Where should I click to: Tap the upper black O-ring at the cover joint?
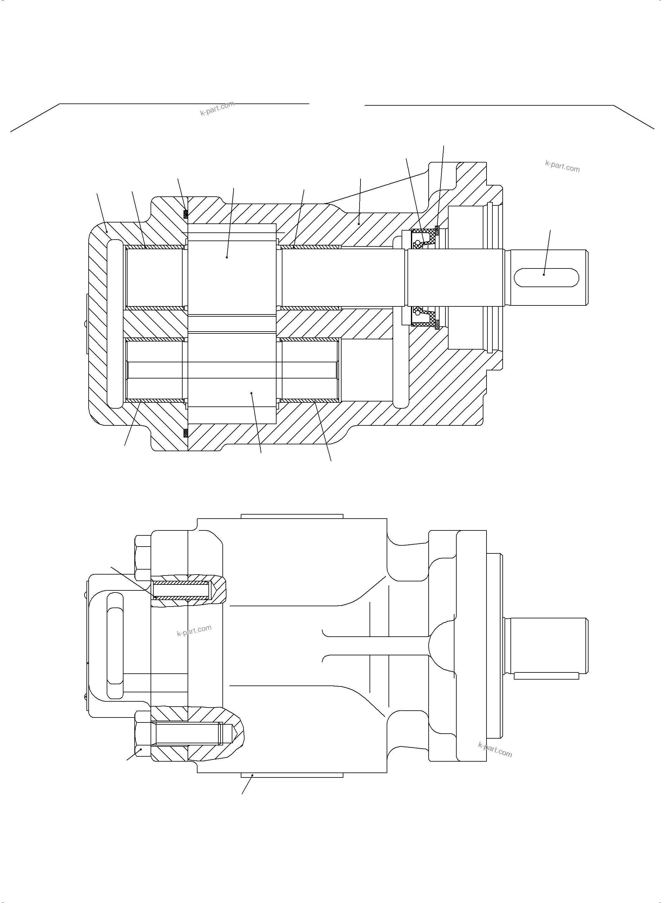(x=185, y=214)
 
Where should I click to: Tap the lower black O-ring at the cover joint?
(x=185, y=433)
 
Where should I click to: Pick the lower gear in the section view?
(x=232, y=378)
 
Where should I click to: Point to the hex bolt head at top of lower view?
(x=143, y=558)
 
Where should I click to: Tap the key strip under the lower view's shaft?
(x=546, y=676)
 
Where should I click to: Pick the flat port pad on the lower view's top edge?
(x=292, y=516)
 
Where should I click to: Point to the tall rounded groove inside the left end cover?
(x=115, y=324)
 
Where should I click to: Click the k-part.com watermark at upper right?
(x=562, y=166)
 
